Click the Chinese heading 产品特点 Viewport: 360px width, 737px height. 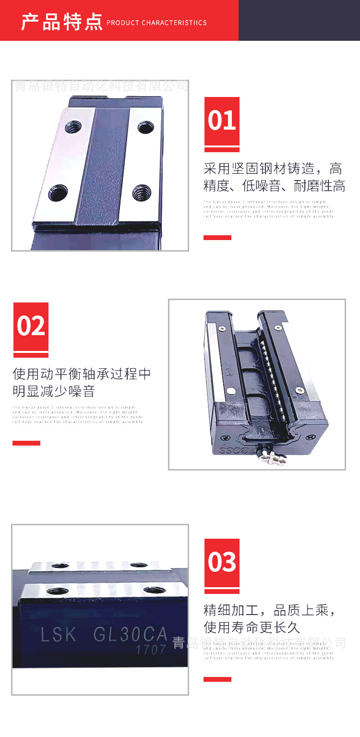click(x=61, y=22)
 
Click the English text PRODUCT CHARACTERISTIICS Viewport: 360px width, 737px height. click(x=156, y=23)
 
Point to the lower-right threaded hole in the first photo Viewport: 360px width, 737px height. click(x=142, y=192)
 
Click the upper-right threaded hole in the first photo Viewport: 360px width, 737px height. click(x=145, y=127)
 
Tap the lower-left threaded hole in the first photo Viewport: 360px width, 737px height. click(x=58, y=192)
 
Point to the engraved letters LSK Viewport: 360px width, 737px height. click(x=59, y=635)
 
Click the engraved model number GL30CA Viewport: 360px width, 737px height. click(x=130, y=635)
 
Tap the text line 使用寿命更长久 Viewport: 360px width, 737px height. click(x=252, y=627)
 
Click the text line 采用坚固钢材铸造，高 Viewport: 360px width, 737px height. click(x=273, y=169)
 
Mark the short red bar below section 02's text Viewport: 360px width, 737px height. click(x=26, y=443)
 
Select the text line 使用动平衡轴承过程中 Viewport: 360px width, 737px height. click(x=82, y=374)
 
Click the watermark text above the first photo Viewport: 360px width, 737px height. click(x=100, y=86)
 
